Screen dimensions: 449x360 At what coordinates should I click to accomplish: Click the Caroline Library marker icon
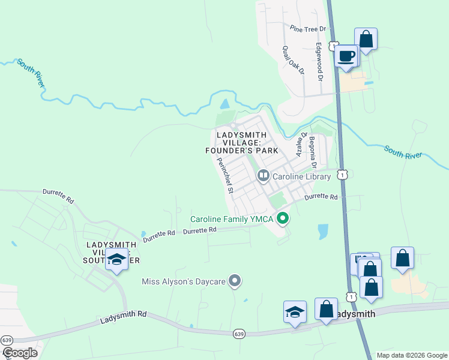[263, 176]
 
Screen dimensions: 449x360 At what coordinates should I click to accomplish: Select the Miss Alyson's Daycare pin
[235, 281]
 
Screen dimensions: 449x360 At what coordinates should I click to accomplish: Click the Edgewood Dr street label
[320, 62]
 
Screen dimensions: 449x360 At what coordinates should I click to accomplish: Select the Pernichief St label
[225, 175]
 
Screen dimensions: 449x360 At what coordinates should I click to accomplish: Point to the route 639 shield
[239, 334]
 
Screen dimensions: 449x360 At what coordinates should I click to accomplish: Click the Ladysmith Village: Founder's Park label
[241, 143]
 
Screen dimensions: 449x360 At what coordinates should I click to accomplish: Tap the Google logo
[20, 353]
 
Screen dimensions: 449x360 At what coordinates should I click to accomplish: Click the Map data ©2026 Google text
[411, 355]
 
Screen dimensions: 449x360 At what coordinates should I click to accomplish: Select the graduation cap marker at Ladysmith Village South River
[116, 260]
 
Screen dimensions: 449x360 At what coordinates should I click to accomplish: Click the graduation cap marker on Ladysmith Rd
[295, 312]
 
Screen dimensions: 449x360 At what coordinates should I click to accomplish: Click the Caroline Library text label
[302, 176]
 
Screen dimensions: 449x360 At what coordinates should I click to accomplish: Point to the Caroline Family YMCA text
[234, 218]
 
